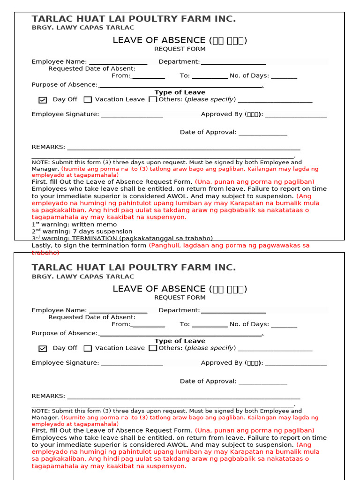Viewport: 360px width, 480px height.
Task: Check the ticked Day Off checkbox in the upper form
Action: click(43, 100)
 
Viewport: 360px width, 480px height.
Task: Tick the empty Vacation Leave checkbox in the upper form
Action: click(88, 99)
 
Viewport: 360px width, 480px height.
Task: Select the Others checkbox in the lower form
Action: click(153, 348)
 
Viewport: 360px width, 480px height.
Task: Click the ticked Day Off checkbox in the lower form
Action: click(43, 348)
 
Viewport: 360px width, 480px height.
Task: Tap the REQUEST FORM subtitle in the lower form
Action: click(180, 297)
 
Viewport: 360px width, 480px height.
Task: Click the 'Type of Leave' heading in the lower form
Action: click(180, 341)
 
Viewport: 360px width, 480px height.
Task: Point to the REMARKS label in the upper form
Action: click(48, 147)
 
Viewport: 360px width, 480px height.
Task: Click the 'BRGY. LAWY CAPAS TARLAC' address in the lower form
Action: click(82, 277)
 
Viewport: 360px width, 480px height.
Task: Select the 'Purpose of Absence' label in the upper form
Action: click(64, 85)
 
